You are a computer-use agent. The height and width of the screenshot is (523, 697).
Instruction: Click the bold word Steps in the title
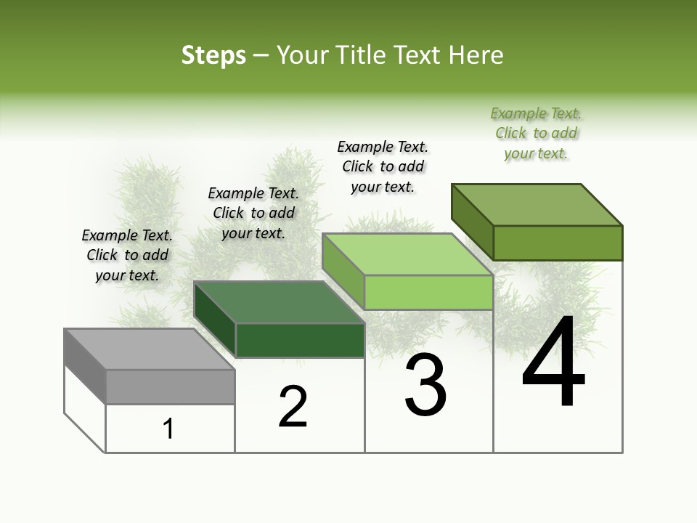213,55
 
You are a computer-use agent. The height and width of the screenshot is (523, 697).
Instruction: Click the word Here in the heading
476,55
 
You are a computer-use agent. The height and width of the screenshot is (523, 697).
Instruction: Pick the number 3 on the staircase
425,385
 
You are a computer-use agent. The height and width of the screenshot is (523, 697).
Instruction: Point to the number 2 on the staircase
293,407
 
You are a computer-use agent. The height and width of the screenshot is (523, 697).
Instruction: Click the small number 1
168,429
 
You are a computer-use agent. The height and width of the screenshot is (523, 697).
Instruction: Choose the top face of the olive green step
537,205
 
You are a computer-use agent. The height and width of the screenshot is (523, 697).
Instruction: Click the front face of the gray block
170,386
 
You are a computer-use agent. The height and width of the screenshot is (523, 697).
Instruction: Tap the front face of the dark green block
300,340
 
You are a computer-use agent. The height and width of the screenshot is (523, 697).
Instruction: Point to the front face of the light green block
428,293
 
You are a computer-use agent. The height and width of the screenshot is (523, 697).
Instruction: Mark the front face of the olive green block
558,243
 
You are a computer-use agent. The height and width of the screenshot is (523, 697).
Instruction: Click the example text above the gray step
127,255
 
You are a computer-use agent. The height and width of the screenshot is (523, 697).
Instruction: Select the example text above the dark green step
253,213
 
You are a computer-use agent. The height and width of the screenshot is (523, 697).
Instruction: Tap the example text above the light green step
383,166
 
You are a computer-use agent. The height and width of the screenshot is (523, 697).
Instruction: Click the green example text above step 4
536,133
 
